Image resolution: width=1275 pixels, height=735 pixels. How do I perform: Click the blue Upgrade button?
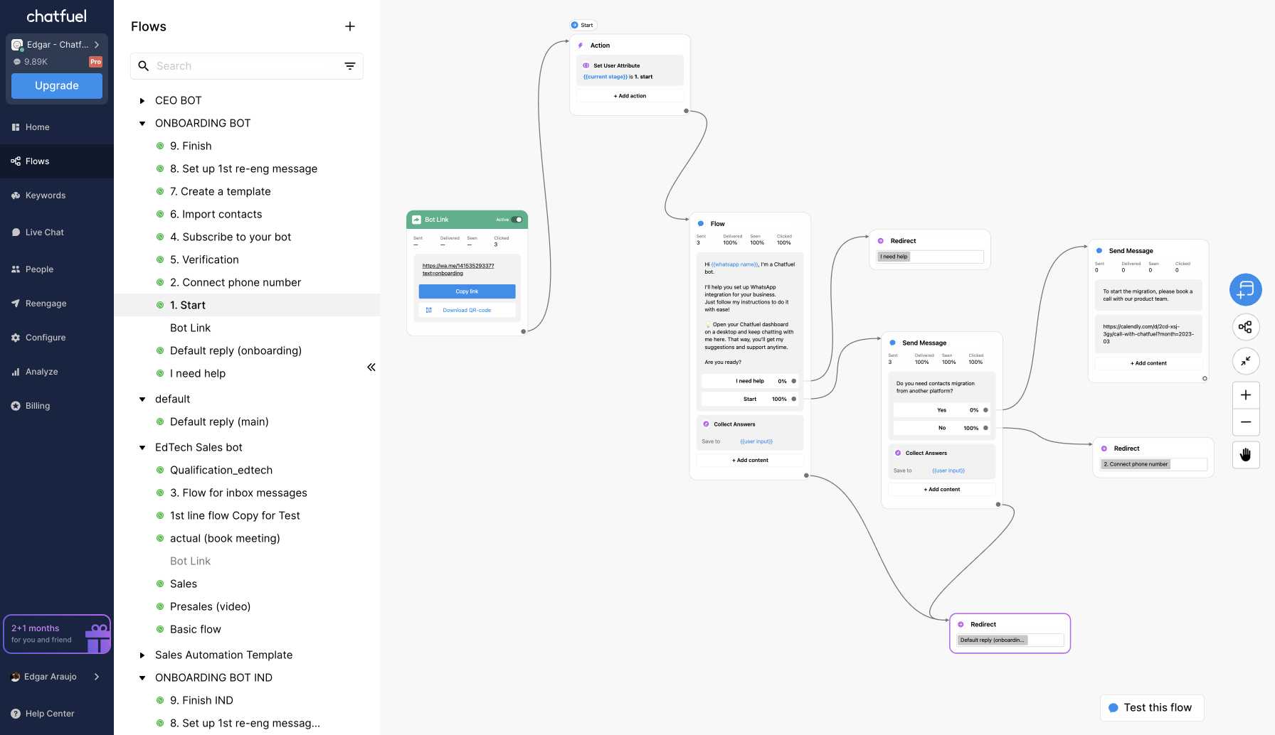coord(57,86)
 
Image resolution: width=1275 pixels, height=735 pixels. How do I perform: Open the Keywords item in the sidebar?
coord(46,195)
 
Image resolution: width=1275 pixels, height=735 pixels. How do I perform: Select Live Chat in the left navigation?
coord(44,232)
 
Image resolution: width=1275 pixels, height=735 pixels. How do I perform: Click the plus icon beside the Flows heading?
coord(350,26)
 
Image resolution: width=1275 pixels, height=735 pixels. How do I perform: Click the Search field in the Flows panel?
coord(242,66)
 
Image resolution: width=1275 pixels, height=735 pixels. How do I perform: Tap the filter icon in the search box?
coord(350,66)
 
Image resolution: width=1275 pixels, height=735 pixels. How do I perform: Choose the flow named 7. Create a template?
coord(220,191)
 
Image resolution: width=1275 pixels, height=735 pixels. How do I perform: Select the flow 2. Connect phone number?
coord(235,282)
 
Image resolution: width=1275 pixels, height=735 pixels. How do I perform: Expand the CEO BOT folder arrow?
coord(142,101)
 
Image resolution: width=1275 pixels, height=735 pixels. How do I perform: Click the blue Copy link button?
coord(467,291)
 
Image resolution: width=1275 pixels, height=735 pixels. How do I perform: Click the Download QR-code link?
coord(467,310)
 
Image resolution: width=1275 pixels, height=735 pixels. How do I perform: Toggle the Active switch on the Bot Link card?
coord(517,220)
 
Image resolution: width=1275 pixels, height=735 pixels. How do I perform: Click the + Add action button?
coord(630,96)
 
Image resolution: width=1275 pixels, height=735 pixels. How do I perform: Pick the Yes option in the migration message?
coord(941,410)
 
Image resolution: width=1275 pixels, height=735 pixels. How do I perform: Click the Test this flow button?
coord(1151,708)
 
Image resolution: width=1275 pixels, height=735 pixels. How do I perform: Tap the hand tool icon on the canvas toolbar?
coord(1246,455)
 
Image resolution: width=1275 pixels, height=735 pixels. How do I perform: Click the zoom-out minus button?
coord(1246,422)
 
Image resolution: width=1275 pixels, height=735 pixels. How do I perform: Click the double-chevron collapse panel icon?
coord(371,367)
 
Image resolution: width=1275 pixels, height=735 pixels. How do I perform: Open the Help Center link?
coord(49,714)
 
